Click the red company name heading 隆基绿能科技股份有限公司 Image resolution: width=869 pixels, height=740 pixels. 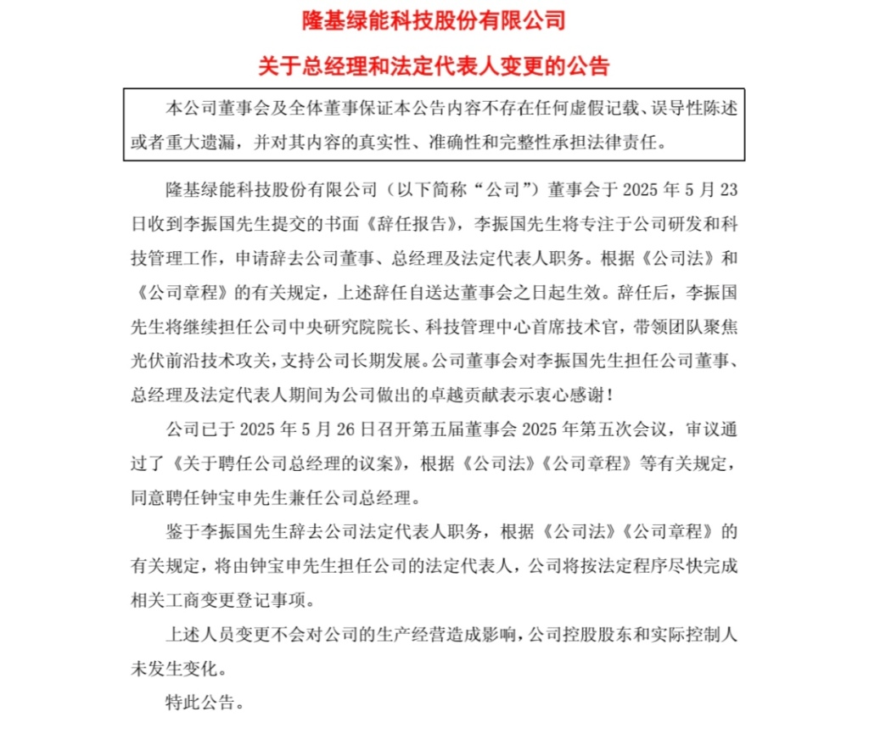434,19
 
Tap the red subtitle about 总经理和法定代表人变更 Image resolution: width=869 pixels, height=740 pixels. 434,65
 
